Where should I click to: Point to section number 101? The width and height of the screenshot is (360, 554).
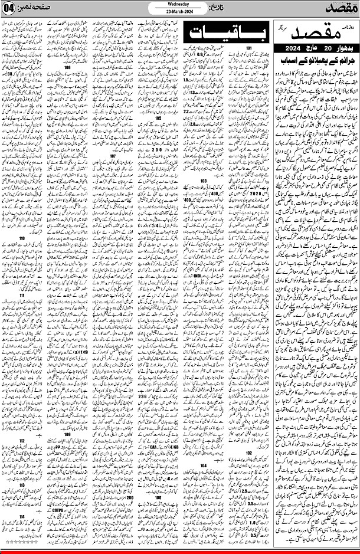click(248, 47)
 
